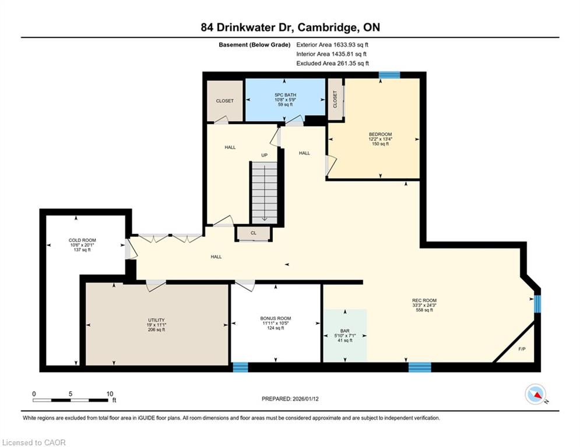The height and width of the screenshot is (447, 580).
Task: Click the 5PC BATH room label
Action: (285, 95)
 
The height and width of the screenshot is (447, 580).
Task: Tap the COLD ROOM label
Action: (82, 240)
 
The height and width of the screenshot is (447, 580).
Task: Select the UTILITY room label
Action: (156, 320)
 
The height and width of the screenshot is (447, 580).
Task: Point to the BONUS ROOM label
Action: (276, 318)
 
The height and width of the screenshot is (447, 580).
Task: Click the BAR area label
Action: (345, 331)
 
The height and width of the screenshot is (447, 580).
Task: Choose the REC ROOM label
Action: (424, 301)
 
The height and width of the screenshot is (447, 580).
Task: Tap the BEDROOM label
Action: (380, 134)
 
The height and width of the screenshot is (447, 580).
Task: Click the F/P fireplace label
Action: (522, 349)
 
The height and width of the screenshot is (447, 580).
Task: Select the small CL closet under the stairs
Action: (254, 233)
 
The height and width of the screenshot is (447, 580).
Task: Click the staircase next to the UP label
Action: (265, 193)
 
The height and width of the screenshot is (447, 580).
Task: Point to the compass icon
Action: (535, 394)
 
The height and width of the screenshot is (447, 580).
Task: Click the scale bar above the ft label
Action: (71, 400)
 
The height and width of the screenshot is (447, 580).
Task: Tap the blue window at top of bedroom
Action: (389, 75)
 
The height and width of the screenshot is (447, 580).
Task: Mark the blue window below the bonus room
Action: (240, 368)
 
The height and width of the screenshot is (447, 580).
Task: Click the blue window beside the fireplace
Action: (537, 304)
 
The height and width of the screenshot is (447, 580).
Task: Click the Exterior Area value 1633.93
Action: (346, 45)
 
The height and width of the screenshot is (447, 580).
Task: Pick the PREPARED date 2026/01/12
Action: (305, 399)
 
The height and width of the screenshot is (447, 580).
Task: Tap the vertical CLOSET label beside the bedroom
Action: (335, 100)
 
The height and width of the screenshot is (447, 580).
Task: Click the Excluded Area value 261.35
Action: (346, 63)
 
